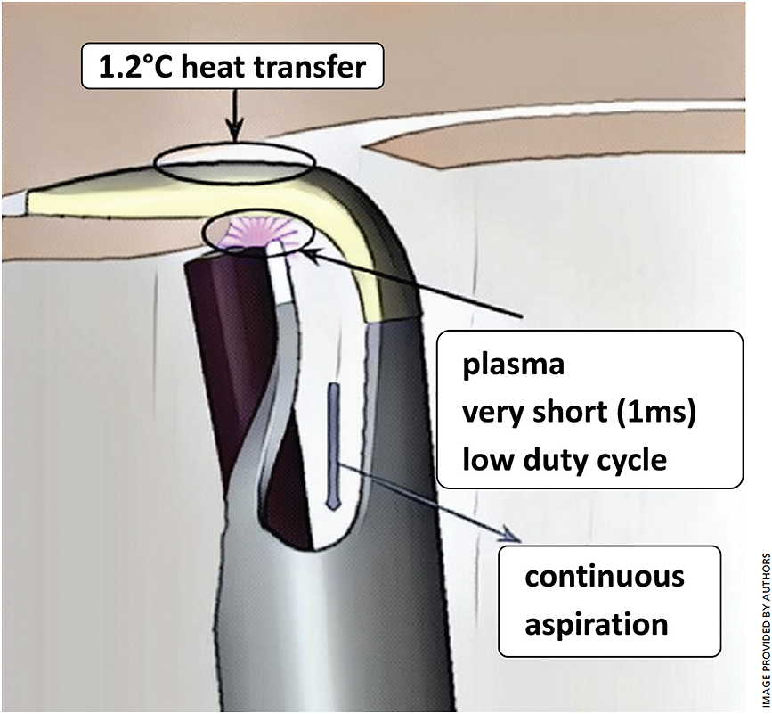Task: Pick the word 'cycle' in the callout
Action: coord(633,460)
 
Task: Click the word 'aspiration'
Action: coord(597,623)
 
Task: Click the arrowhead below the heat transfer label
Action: coord(234,135)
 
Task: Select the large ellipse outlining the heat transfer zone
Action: coord(235,163)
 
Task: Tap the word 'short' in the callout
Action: coord(564,414)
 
